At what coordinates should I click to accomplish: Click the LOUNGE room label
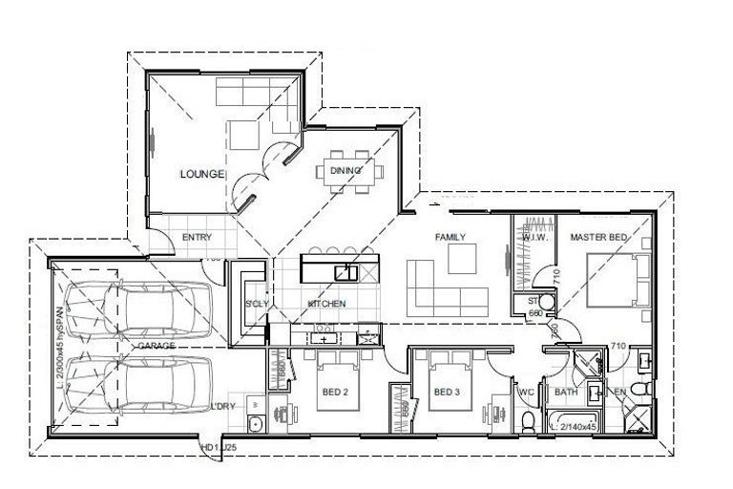coord(201,174)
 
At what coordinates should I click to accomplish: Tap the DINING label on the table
coord(346,171)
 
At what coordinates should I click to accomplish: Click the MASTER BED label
coord(599,236)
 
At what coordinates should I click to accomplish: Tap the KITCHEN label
coord(326,304)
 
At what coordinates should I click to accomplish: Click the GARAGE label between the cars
coord(156,345)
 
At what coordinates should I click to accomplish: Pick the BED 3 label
coord(447,392)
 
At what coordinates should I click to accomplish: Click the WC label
coord(524,392)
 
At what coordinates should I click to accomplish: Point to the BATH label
coord(566,392)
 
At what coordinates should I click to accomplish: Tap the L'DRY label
coord(223,407)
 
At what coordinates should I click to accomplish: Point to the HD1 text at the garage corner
coord(207,446)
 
